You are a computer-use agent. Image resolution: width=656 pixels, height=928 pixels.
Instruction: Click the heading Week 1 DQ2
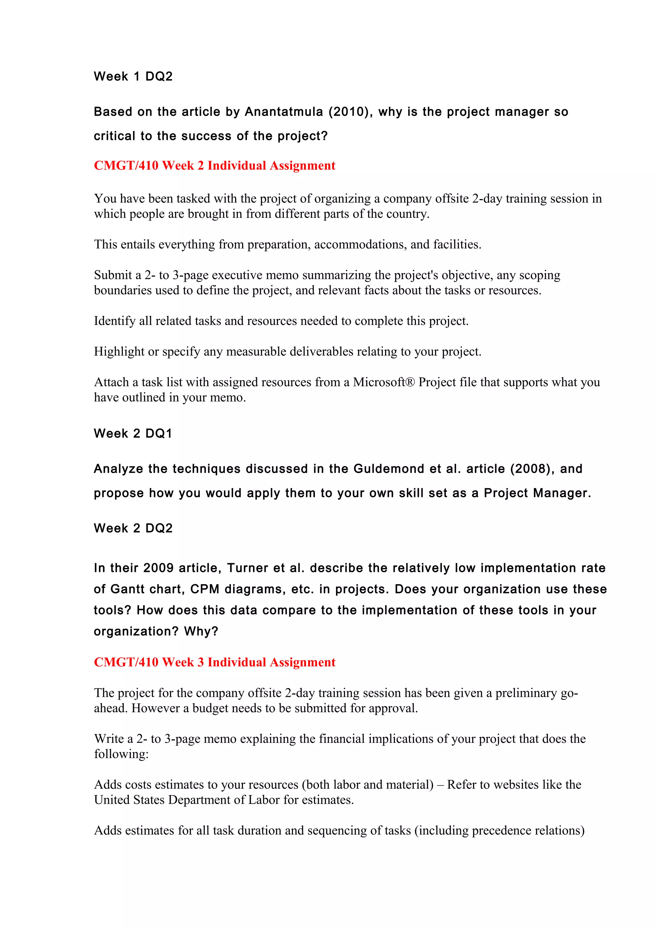click(133, 77)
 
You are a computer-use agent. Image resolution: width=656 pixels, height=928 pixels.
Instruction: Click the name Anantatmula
click(284, 112)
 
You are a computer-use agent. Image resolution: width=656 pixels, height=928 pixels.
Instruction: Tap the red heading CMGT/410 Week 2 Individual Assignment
click(214, 166)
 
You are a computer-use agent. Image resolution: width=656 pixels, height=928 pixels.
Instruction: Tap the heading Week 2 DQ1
click(133, 434)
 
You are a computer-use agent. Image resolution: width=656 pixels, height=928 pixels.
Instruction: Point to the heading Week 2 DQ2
click(133, 528)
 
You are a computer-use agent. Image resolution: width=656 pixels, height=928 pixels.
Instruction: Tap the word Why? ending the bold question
click(201, 631)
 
